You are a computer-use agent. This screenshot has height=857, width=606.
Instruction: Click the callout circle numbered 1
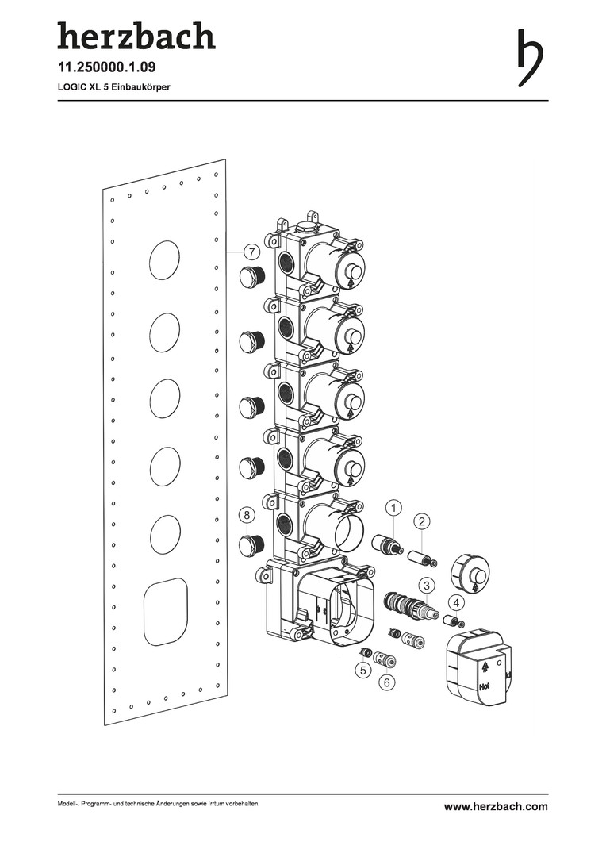tap(393, 509)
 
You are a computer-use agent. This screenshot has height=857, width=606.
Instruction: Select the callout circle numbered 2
tap(422, 521)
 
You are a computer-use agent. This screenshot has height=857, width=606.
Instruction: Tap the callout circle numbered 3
tap(427, 586)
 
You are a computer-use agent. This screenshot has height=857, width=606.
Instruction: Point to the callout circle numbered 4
tap(457, 603)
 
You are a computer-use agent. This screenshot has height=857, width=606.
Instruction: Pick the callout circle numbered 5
tap(362, 669)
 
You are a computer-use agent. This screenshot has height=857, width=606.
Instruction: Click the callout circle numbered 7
tap(251, 252)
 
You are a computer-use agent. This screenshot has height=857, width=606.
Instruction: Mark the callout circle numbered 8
tap(247, 515)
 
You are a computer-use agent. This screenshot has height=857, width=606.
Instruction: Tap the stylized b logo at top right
tap(530, 57)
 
